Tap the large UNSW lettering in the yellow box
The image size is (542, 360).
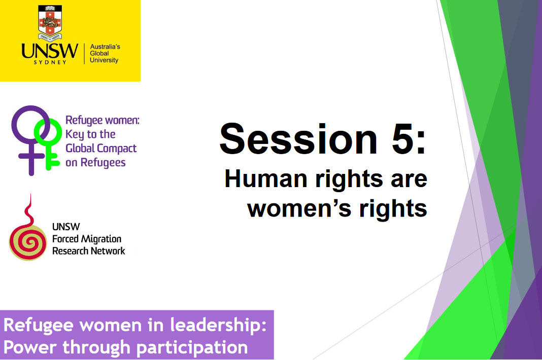[x=50, y=51]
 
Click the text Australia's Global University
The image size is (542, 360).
[x=104, y=53]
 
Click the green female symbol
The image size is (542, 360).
[x=49, y=142]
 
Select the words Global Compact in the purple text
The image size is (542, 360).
[x=101, y=149]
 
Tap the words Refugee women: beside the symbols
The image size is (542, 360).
[x=102, y=121]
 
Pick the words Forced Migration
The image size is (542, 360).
[x=87, y=239]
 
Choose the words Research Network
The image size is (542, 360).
[x=88, y=250]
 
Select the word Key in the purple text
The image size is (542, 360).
[x=75, y=134]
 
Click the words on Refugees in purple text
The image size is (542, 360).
[x=95, y=162]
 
